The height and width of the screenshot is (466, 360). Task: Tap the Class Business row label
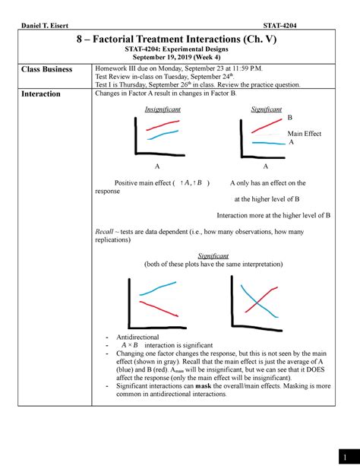[x=46, y=69]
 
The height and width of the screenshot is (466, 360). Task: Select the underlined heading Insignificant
[x=158, y=110]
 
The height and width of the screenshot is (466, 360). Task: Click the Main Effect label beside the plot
[x=304, y=134]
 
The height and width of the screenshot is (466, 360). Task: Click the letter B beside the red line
[x=290, y=119]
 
